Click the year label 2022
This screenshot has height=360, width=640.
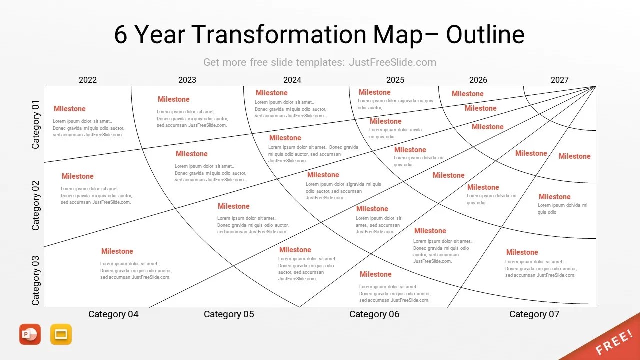88,80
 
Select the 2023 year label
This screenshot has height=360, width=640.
187,80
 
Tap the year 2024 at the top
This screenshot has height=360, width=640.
292,80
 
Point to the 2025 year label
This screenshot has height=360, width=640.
395,80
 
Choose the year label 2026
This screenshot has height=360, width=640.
478,80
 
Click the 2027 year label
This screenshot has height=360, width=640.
560,80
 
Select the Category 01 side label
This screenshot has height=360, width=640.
35,124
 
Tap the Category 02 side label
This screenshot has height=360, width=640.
35,206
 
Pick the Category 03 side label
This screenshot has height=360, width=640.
35,280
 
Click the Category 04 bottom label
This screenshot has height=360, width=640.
113,314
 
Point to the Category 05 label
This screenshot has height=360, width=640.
229,314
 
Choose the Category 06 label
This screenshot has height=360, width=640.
374,314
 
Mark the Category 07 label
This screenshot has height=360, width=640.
534,314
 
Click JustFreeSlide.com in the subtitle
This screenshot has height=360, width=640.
392,62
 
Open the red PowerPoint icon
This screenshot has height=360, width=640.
30,334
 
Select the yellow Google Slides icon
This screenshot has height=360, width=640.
61,334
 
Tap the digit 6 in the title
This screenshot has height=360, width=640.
121,35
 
